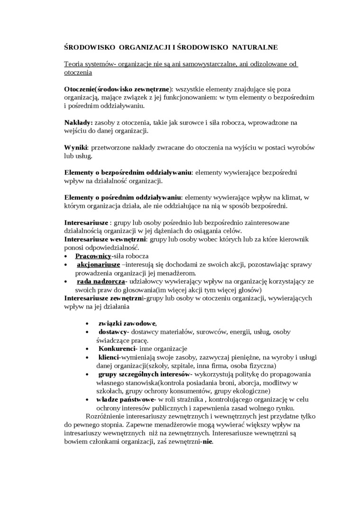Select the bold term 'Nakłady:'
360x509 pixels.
(x=79, y=122)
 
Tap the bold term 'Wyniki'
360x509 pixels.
(x=76, y=147)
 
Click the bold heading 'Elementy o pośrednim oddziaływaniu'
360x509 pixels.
(x=123, y=197)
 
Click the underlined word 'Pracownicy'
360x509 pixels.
(x=93, y=256)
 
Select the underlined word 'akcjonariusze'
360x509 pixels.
(x=98, y=264)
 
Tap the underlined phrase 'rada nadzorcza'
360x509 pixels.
(x=101, y=281)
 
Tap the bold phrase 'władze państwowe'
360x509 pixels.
(x=123, y=400)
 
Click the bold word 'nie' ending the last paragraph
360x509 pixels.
(x=207, y=442)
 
